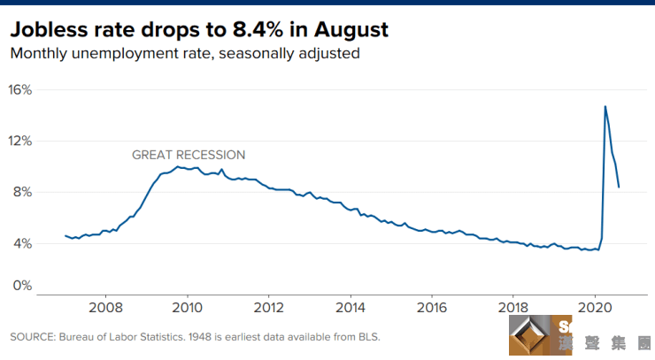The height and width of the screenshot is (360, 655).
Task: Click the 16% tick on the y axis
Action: click(20, 90)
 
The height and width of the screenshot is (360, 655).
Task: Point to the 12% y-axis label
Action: click(20, 141)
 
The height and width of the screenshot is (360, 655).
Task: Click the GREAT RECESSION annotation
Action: click(189, 155)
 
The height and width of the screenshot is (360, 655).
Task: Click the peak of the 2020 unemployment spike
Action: click(605, 106)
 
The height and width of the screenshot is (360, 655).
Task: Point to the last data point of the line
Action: click(619, 187)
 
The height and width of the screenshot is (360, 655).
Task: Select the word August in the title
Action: click(352, 31)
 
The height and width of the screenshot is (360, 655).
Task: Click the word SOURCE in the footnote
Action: click(31, 337)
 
